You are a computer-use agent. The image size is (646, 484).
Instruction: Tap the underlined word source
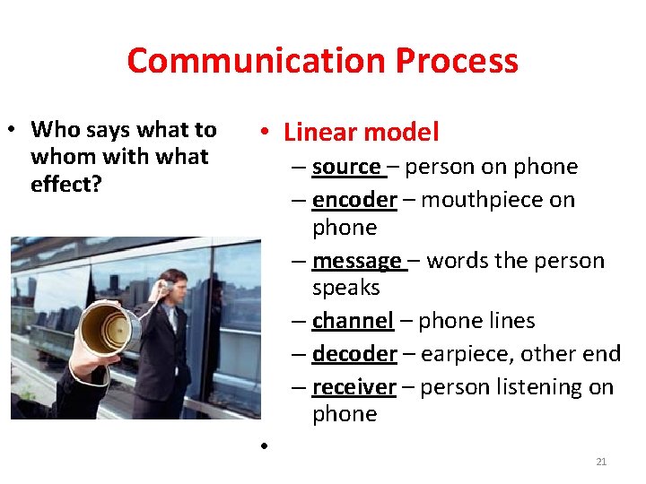[346, 167]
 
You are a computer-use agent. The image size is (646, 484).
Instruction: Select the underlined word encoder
[354, 199]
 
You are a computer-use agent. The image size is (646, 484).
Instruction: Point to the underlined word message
[357, 261]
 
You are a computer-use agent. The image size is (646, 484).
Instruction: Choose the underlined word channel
[353, 320]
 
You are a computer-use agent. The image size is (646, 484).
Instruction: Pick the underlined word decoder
[354, 354]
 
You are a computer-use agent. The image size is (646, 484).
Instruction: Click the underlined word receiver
[354, 387]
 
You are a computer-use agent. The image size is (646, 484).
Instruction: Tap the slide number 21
[601, 462]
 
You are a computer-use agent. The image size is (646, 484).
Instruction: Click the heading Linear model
[361, 133]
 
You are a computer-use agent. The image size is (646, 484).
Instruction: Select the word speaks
[346, 288]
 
